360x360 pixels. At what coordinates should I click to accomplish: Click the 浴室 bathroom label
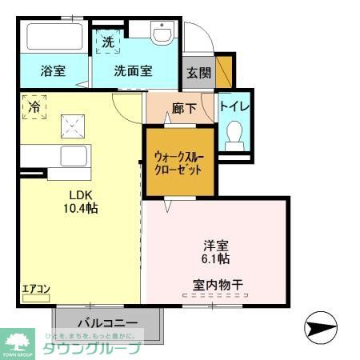(53, 70)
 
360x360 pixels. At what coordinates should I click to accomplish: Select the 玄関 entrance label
(198, 72)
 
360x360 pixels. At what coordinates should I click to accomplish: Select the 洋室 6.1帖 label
(214, 252)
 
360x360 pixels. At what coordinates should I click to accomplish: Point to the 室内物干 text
(217, 283)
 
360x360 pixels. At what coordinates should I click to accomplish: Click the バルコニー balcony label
(109, 323)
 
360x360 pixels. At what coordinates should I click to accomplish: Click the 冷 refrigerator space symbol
(34, 107)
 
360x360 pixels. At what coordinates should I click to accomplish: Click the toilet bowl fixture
(235, 134)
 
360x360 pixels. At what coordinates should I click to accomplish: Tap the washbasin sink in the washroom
(163, 34)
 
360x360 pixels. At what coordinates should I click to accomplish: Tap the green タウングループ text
(91, 348)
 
